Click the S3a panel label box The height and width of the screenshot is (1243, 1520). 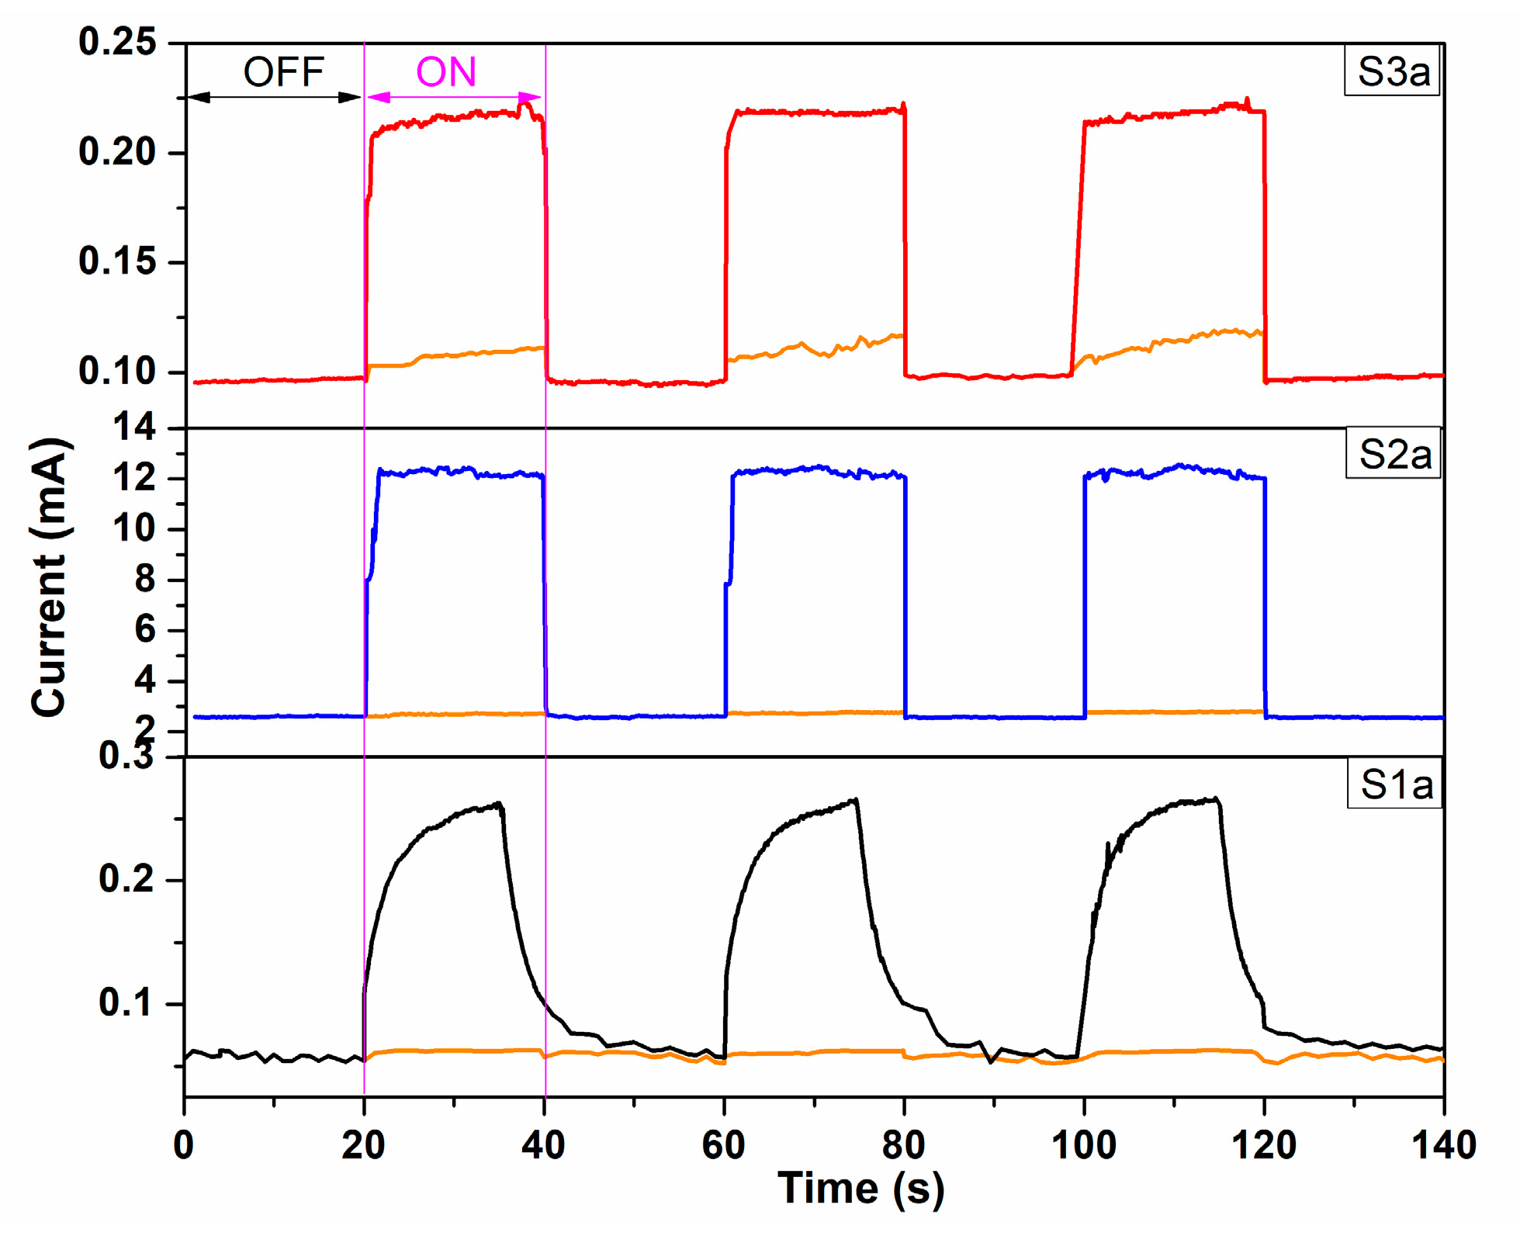coord(1391,71)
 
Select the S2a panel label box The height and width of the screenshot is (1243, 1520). coord(1394,454)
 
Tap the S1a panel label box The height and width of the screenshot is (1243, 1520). coord(1395,784)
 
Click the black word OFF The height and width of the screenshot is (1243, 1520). coord(283,72)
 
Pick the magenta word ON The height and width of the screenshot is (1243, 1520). coord(445,72)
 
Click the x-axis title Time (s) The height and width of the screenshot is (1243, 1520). coord(860,1188)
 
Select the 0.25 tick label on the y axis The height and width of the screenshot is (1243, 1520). coord(117,42)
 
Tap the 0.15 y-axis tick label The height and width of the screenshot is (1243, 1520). coord(117,261)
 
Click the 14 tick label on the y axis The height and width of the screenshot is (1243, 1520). coord(133,428)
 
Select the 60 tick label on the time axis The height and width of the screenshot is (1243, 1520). coord(723,1145)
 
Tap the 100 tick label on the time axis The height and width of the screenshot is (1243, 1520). coord(1083,1145)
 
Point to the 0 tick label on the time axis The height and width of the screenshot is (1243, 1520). coord(184,1145)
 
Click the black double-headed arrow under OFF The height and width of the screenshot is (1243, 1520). coord(275,97)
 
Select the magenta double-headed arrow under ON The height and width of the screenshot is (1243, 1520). coord(454,97)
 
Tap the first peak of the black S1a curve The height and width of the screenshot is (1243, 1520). coord(499,804)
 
